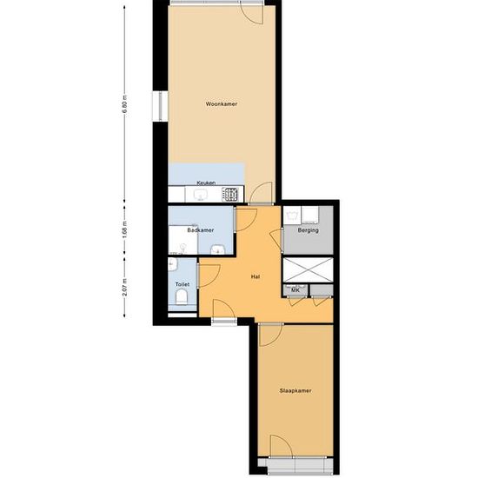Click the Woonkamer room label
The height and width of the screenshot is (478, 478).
click(x=222, y=104)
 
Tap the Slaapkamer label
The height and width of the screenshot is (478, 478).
click(x=295, y=391)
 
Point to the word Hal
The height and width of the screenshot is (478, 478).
click(x=256, y=276)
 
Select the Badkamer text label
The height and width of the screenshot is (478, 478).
click(x=201, y=230)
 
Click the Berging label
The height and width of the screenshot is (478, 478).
click(x=308, y=230)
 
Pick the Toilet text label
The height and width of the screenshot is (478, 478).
click(x=183, y=284)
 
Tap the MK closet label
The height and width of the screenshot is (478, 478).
click(x=295, y=290)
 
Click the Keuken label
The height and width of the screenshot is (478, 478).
click(x=206, y=183)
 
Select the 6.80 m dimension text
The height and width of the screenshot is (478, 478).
click(x=124, y=104)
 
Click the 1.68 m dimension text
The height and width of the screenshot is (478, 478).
click(x=124, y=230)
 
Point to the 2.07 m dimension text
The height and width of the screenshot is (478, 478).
click(x=124, y=287)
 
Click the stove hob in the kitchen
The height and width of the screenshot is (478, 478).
click(x=229, y=194)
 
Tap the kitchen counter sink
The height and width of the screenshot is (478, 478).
click(x=200, y=195)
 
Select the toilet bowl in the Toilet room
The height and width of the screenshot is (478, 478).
click(x=182, y=296)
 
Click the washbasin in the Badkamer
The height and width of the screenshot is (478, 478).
click(x=217, y=249)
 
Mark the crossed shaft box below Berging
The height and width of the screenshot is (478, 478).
click(x=308, y=269)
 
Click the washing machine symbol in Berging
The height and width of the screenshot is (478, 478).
click(x=292, y=215)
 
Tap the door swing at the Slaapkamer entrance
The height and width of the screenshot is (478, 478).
click(x=271, y=335)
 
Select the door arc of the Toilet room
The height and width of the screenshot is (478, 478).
click(x=209, y=276)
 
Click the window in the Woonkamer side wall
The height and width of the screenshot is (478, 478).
click(x=161, y=106)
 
